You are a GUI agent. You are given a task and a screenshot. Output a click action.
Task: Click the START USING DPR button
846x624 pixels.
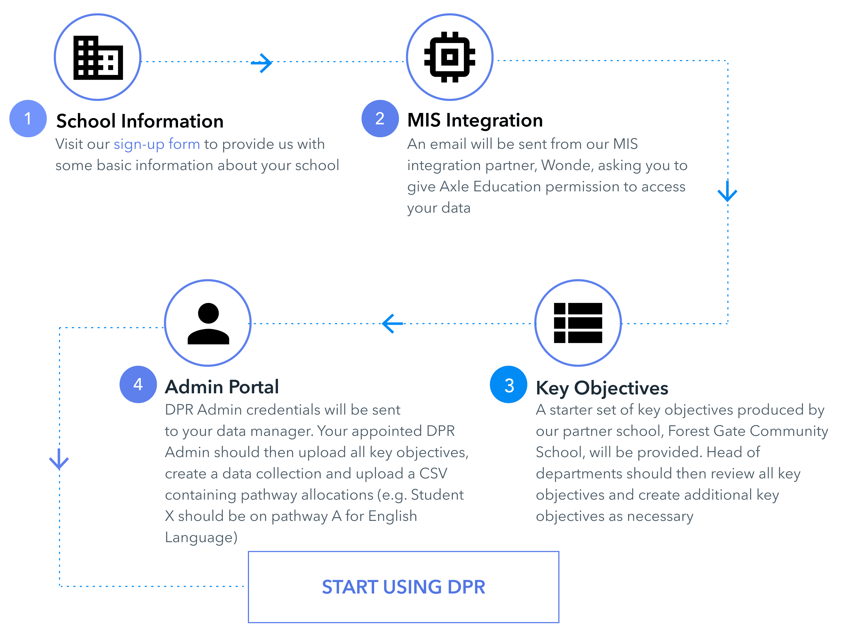(403, 587)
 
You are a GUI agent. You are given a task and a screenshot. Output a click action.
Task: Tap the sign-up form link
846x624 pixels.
(157, 145)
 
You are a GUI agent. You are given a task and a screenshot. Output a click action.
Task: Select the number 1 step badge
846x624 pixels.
(28, 119)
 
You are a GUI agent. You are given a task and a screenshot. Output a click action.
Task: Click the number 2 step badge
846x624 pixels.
(380, 119)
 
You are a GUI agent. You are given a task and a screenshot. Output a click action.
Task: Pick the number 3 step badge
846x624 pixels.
(508, 385)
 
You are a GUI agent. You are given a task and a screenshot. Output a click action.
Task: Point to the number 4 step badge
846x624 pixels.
(138, 385)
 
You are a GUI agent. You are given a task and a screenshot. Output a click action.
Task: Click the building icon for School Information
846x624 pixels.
(98, 57)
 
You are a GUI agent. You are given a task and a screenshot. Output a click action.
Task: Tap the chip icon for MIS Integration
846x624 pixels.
(450, 57)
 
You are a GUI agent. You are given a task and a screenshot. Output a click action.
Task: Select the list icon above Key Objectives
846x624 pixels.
(578, 323)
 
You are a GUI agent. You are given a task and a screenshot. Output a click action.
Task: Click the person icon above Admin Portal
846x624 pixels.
(208, 323)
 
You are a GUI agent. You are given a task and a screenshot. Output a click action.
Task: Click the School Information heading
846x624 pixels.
(140, 121)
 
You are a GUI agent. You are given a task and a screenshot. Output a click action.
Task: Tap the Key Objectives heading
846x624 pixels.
(602, 388)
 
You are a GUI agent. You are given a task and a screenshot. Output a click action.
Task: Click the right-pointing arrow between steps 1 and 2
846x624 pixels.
(261, 63)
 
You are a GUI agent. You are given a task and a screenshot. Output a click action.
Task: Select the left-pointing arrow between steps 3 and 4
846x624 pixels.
(392, 323)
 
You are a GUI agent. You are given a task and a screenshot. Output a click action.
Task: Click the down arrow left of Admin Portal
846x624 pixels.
(59, 459)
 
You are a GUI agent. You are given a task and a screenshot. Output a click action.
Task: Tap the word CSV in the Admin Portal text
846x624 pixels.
(433, 474)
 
